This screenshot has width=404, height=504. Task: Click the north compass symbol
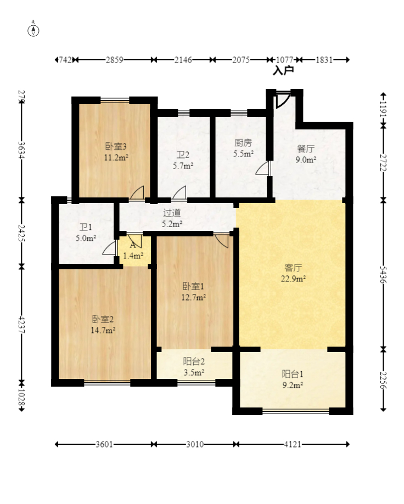(33, 30)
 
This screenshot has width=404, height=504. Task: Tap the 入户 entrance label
(283, 70)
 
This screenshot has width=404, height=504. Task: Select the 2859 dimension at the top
(115, 60)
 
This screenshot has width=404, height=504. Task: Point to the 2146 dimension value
(183, 60)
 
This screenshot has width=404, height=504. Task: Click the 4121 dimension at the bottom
(293, 444)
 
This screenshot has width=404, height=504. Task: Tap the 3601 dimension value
(104, 444)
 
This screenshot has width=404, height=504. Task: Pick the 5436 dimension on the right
(383, 275)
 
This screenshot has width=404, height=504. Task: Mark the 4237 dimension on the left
(21, 325)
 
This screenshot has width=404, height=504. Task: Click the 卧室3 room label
(116, 146)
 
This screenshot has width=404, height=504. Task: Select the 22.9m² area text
(293, 279)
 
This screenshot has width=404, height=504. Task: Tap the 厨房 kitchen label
(243, 143)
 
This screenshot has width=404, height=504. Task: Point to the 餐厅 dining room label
(306, 149)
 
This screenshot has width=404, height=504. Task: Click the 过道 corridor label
(172, 213)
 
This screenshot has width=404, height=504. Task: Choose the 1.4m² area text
(133, 256)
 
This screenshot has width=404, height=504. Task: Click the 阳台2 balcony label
(194, 361)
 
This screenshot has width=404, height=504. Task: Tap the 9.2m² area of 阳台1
(293, 385)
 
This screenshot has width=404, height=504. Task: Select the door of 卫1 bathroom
(109, 248)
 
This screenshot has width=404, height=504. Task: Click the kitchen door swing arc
(263, 168)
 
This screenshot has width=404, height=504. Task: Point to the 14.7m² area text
(103, 331)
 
